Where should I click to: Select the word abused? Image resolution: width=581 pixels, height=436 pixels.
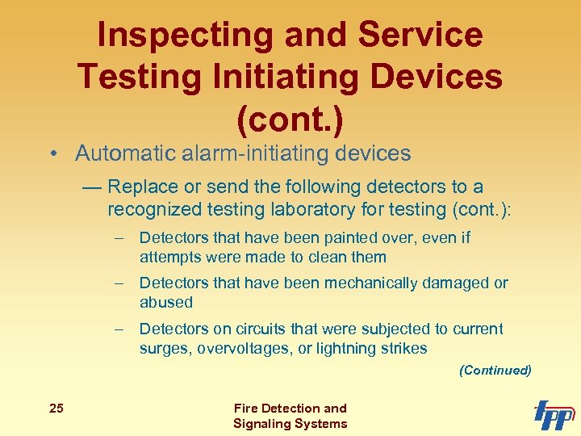coord(166,303)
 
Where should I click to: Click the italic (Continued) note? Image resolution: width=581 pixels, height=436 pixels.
coord(495,371)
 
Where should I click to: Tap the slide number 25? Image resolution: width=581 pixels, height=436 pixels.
coord(56,409)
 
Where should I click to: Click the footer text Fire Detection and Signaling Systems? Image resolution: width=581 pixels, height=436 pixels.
coord(290,416)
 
